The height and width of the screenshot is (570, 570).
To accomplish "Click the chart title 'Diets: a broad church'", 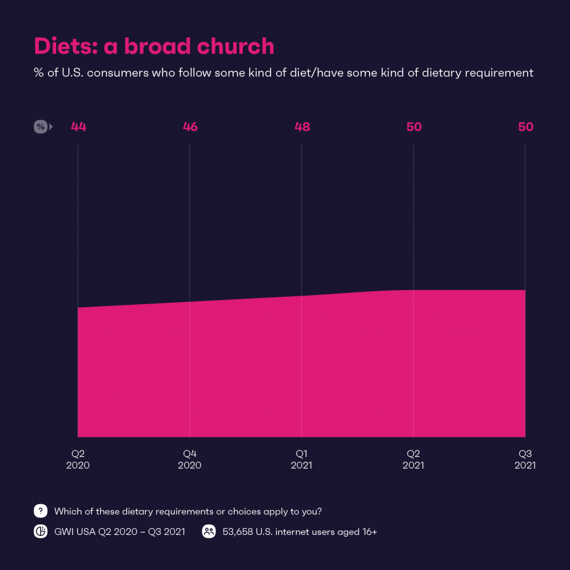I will tap(154, 46).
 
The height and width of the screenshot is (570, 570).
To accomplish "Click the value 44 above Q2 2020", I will tap(78, 127).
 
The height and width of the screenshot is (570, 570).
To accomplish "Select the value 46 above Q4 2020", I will tap(190, 127).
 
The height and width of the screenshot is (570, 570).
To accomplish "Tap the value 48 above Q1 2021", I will tap(302, 127).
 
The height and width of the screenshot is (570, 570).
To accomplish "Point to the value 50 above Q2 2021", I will tap(414, 127).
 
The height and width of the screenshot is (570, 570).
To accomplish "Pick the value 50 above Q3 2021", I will tap(525, 127).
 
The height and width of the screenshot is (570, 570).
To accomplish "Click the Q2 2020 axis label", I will tap(78, 459).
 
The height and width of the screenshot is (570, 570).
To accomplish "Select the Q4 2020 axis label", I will tap(190, 459).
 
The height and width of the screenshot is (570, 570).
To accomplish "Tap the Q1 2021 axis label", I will tap(302, 459).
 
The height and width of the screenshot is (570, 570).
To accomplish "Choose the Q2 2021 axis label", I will tap(413, 459).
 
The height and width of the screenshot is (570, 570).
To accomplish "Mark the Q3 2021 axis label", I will tap(525, 459).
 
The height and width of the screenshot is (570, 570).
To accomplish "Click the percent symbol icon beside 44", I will tap(41, 127).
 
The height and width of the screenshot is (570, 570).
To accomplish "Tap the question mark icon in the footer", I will tap(41, 511).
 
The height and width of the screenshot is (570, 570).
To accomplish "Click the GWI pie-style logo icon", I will tap(41, 532).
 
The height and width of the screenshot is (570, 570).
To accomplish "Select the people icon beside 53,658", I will tap(209, 532).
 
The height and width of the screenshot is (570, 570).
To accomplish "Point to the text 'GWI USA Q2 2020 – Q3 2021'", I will tap(119, 532).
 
